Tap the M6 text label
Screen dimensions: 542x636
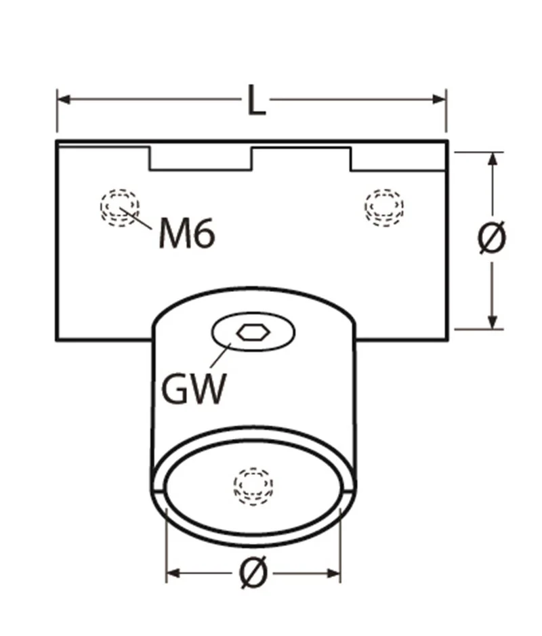[x=186, y=233]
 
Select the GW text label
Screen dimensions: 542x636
[x=194, y=389]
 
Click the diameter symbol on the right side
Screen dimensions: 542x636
[x=492, y=237]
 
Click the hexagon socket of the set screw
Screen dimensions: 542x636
[x=253, y=333]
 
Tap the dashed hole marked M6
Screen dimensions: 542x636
[x=120, y=208]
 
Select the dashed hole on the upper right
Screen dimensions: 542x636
[x=383, y=207]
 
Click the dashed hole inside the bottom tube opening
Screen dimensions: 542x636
[x=253, y=486]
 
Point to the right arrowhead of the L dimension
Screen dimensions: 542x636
[x=440, y=99]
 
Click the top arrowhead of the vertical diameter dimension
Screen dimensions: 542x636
[x=493, y=159]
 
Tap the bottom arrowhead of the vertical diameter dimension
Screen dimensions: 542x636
[x=493, y=322]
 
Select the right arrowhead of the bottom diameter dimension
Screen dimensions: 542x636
[x=333, y=573]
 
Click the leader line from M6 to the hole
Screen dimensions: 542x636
[x=135, y=219]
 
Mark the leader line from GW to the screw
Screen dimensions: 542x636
[x=220, y=356]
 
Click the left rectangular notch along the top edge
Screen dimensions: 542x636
[x=201, y=158]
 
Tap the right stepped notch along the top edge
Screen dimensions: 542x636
[x=398, y=159]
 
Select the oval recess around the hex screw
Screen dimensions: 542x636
[x=253, y=332]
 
